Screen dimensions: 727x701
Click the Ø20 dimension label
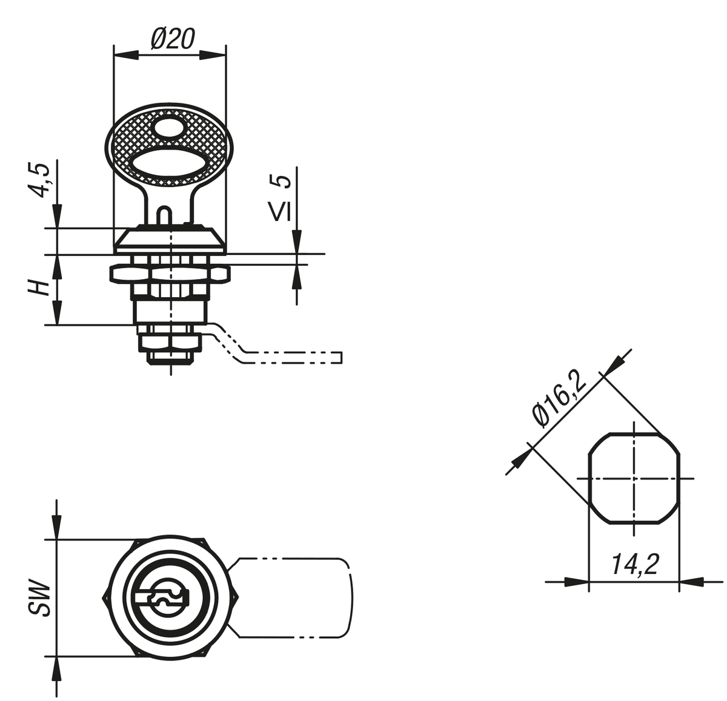173,39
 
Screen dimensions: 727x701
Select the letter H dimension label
39,287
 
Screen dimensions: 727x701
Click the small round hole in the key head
169,129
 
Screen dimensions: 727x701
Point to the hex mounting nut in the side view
170,273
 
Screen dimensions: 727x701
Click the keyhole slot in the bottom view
162,598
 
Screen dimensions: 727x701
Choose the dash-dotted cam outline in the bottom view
290,598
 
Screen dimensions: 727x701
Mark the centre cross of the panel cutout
634,478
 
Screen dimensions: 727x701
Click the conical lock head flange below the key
170,239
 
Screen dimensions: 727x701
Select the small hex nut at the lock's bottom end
171,343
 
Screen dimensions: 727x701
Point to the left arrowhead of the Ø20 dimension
126,55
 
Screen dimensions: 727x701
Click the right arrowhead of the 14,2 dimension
691,582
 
